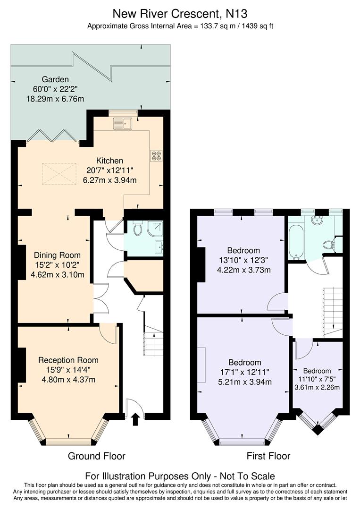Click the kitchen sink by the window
[123, 123]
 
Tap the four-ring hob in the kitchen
[156, 156]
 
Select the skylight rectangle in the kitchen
[59, 173]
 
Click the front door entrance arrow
[135, 419]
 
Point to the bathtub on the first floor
[297, 242]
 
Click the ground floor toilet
[138, 229]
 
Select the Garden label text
[55, 80]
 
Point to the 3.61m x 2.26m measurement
[317, 387]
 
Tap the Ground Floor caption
[97, 456]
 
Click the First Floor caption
[268, 456]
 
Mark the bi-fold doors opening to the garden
[52, 136]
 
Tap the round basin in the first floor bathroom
[317, 221]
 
